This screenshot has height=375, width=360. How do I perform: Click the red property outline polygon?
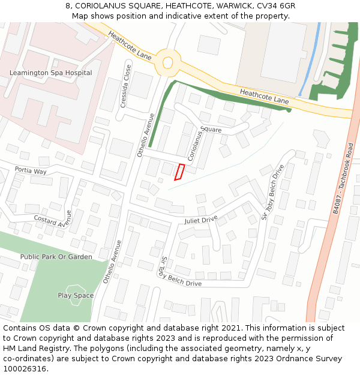179,172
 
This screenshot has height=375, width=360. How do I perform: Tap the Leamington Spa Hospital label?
51,73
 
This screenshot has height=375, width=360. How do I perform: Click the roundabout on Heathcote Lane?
167,62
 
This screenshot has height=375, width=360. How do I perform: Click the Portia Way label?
31,171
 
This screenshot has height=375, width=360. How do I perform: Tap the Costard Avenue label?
53,220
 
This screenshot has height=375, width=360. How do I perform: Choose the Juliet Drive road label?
201,220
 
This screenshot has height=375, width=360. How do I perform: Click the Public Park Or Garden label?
56,257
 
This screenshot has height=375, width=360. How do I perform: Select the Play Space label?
76,295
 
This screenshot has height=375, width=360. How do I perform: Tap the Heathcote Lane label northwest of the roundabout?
130,46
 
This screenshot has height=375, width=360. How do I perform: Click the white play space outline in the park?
76,295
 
